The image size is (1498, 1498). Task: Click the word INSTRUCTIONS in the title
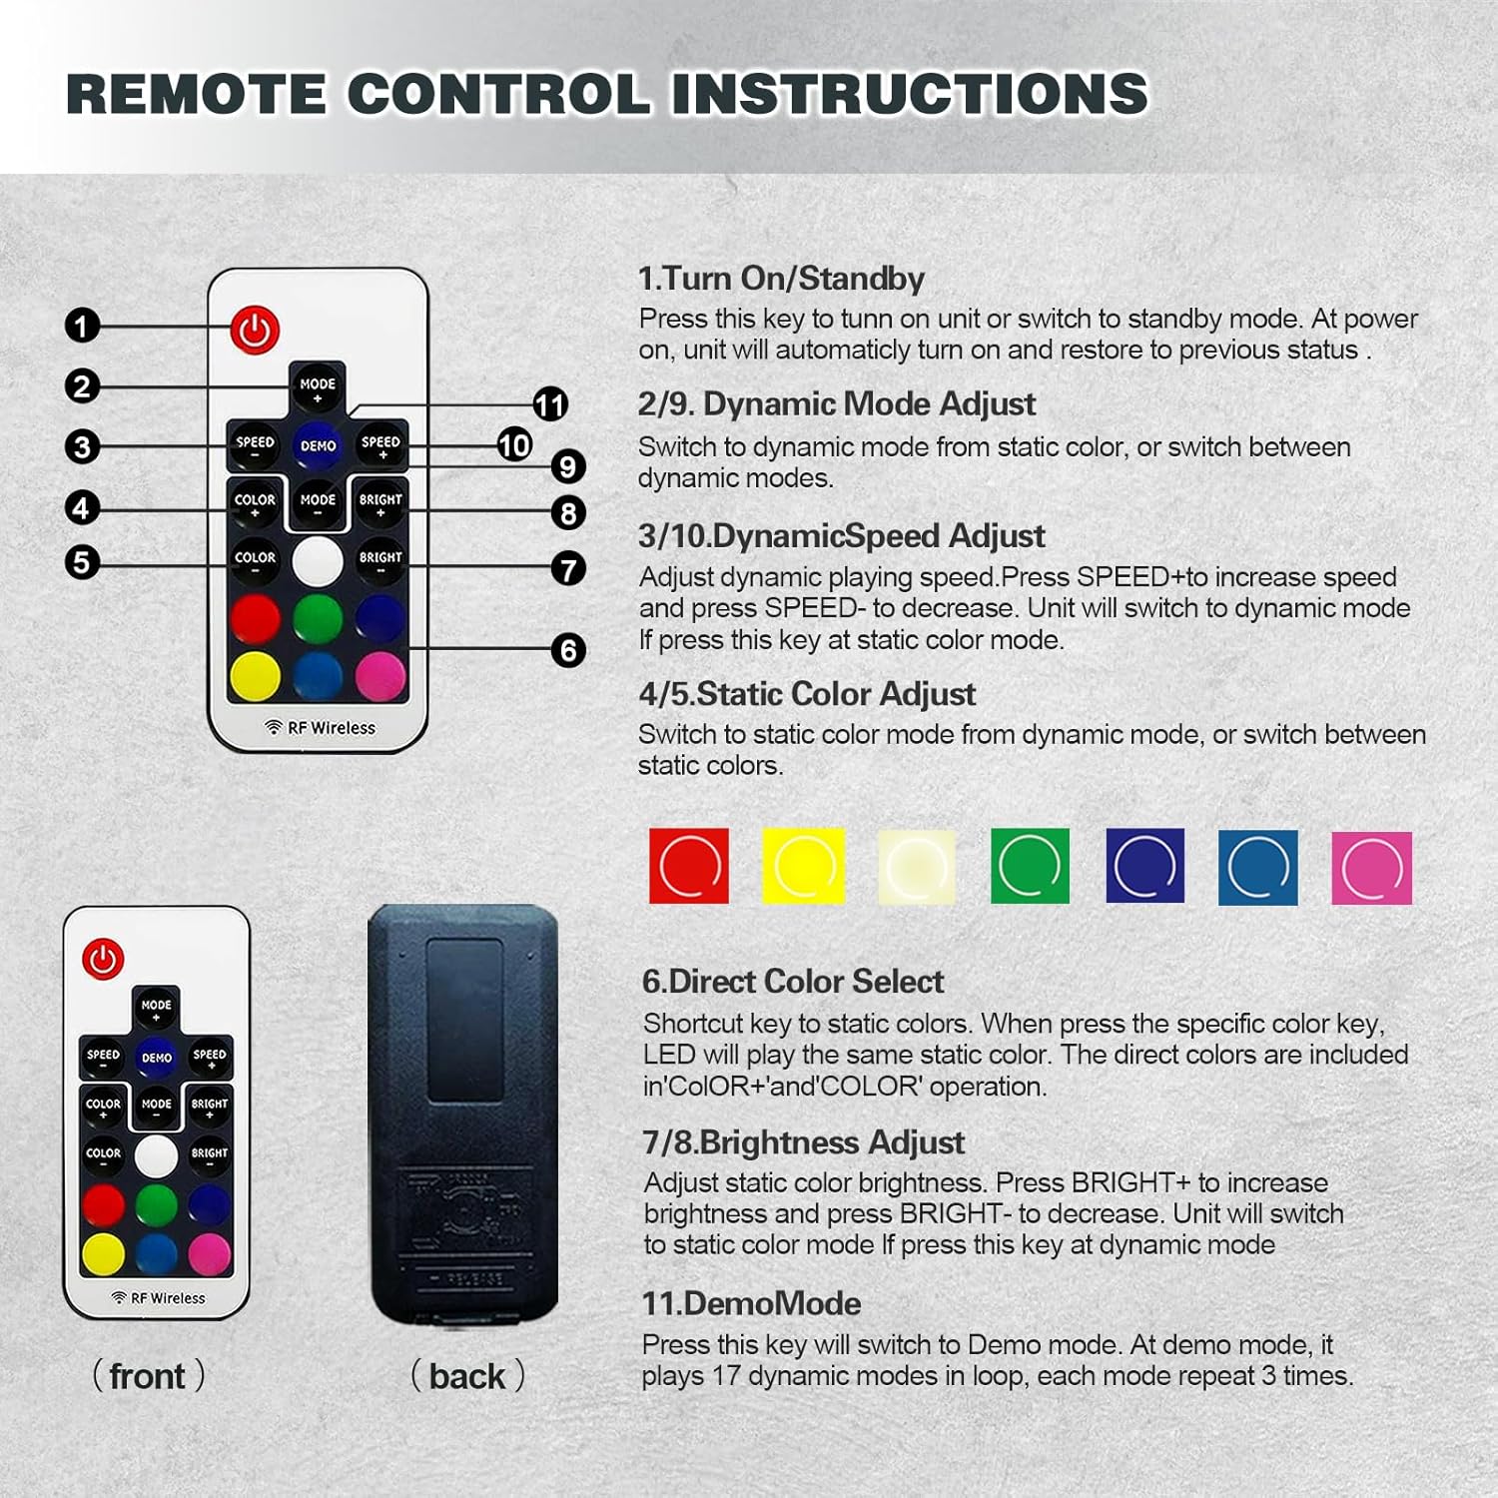(910, 94)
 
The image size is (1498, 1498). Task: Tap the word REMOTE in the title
(196, 94)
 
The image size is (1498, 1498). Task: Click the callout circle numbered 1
(82, 326)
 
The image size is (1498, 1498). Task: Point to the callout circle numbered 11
(550, 404)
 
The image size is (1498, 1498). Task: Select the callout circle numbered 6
(568, 650)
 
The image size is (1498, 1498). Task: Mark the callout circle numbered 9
(568, 465)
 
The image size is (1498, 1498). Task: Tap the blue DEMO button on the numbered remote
(318, 445)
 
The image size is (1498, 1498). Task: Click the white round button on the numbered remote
(318, 561)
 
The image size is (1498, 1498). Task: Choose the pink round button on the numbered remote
(380, 676)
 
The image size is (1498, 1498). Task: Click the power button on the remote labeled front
(103, 959)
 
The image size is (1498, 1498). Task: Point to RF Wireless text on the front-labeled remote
(159, 1298)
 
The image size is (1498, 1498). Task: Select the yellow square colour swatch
(803, 866)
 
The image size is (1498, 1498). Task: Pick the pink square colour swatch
(1372, 868)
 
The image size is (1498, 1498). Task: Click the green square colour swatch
(1030, 866)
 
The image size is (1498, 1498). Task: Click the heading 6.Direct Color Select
(793, 982)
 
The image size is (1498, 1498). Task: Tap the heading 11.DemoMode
(751, 1303)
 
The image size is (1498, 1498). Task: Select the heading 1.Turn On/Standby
(781, 278)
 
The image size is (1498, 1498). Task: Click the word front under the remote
(147, 1376)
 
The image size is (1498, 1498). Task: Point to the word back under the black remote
(467, 1376)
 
